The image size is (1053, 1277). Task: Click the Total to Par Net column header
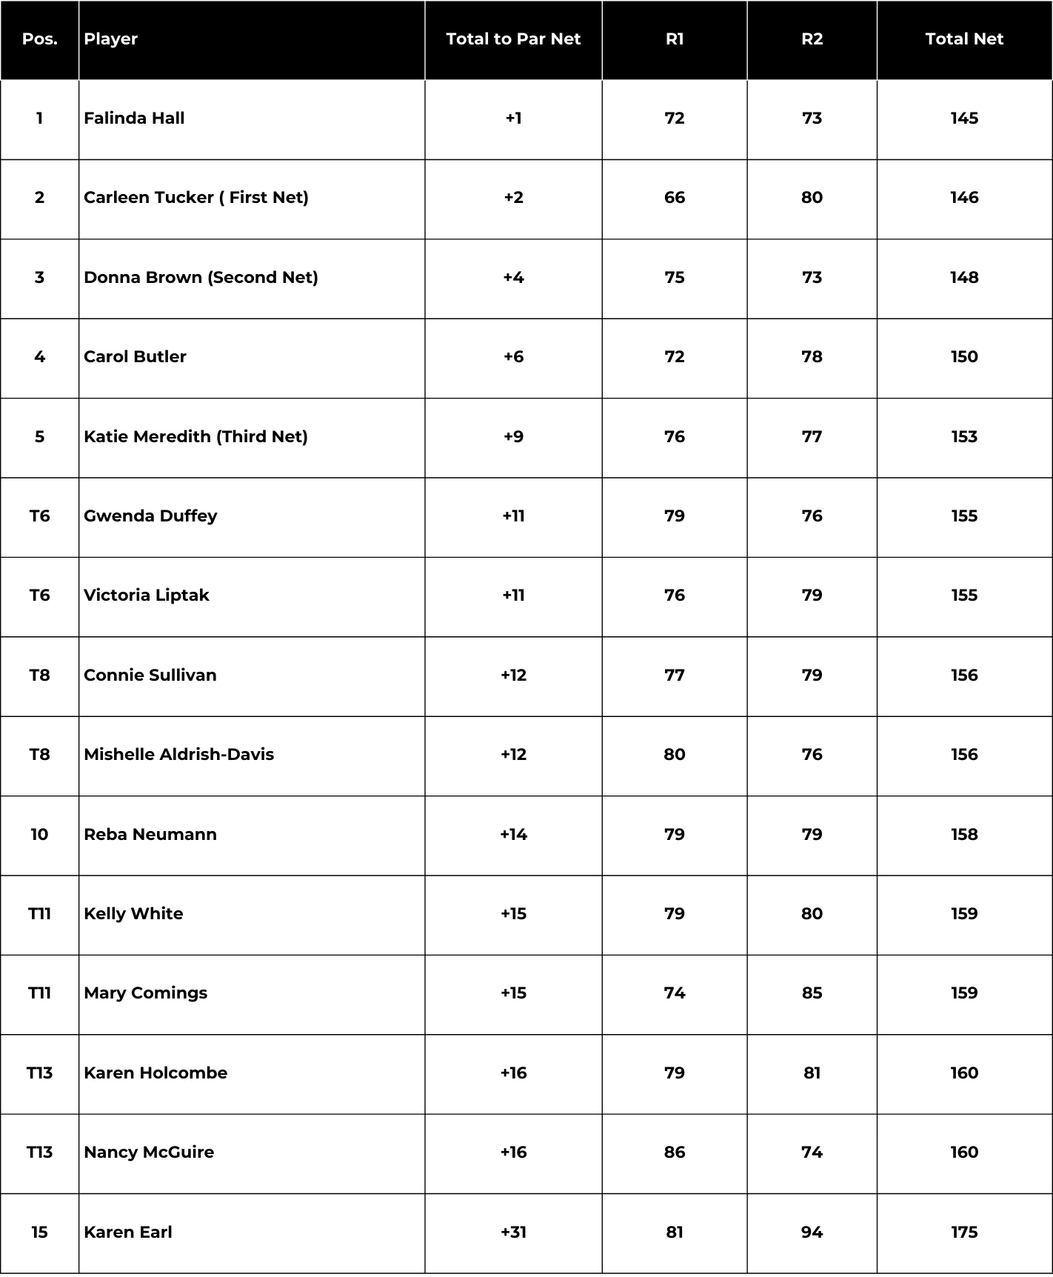click(513, 39)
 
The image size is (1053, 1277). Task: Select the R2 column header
click(812, 39)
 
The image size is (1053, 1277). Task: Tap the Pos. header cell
click(39, 39)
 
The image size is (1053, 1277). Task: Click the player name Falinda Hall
click(134, 119)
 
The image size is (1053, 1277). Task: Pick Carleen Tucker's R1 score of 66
click(674, 198)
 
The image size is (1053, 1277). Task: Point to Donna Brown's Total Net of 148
click(964, 277)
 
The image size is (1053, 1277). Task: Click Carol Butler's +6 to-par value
click(513, 357)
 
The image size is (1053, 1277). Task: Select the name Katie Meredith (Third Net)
click(195, 436)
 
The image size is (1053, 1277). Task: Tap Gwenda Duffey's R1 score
click(674, 516)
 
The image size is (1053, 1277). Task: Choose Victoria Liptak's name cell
click(147, 596)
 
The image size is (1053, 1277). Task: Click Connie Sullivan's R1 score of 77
click(674, 675)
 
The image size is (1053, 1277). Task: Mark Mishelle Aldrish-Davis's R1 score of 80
click(674, 754)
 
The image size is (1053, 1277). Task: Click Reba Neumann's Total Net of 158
click(964, 834)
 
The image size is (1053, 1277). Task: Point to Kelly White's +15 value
click(513, 913)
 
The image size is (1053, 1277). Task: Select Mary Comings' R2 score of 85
click(812, 993)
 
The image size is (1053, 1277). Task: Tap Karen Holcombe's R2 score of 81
click(812, 1073)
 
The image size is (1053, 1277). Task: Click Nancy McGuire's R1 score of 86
click(674, 1152)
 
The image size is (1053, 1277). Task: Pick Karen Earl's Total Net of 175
click(964, 1232)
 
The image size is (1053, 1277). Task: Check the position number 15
click(39, 1232)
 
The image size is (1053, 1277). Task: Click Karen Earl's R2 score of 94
click(812, 1232)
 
